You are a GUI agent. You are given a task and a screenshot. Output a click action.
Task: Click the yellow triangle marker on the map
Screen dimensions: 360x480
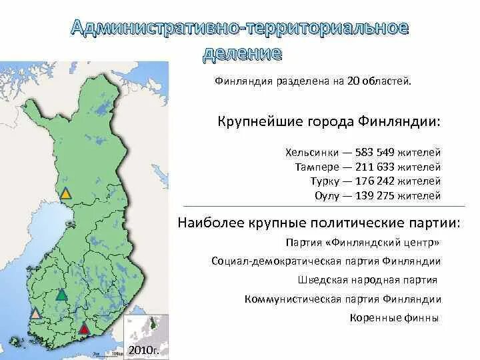coord(65,194)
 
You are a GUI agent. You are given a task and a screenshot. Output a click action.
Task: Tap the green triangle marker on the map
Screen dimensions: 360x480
coord(61,294)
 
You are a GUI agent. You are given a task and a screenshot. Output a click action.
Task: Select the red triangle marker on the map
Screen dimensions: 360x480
coord(84,327)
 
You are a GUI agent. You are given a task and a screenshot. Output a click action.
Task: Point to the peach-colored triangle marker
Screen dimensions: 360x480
coord(35,313)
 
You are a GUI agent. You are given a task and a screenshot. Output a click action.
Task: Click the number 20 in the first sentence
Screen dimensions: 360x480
coord(352,81)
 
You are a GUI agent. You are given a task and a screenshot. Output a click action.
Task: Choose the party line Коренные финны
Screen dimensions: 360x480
coord(394,317)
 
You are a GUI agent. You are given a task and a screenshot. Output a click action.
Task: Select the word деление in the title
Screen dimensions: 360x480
coord(241,53)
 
